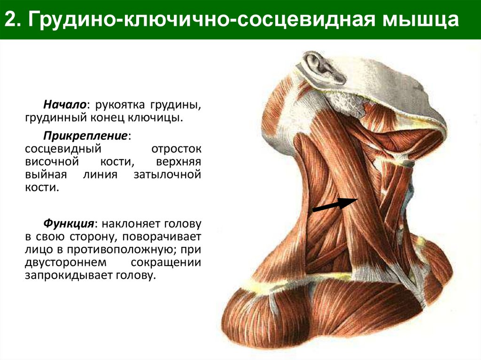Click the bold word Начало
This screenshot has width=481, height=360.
click(x=65, y=103)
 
